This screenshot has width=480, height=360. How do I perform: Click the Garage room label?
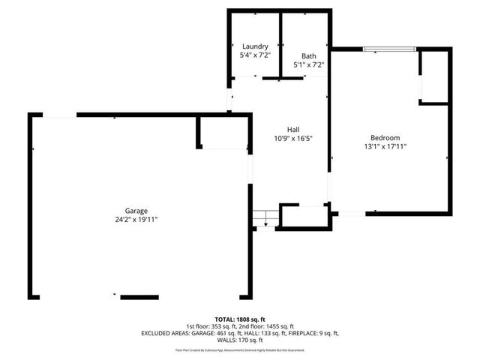(x=136, y=211)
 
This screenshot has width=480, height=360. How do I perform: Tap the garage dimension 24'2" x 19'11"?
(x=136, y=219)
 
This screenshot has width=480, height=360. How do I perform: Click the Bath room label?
(x=308, y=56)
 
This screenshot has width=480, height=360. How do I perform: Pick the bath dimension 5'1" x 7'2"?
(x=308, y=65)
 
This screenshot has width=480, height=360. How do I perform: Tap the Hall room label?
(x=293, y=129)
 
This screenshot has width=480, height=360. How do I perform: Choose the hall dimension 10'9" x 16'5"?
(x=293, y=138)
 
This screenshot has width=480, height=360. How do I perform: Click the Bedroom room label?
(x=385, y=137)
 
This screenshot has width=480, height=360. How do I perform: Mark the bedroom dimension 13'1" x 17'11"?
(x=385, y=146)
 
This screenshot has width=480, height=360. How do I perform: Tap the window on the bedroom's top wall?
(x=389, y=49)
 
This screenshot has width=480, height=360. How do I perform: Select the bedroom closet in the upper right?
(x=433, y=76)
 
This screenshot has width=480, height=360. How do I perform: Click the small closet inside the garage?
(x=223, y=133)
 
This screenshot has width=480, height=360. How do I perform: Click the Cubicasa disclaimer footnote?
(x=240, y=349)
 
